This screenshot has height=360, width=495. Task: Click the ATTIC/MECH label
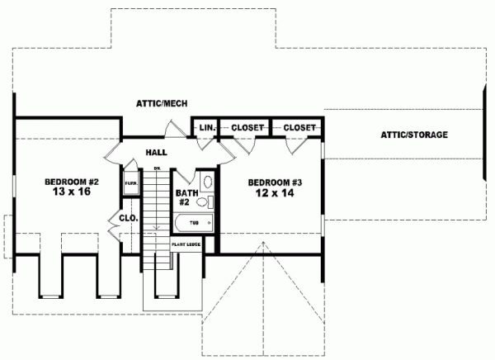point(163,103)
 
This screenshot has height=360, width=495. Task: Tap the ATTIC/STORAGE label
point(414,135)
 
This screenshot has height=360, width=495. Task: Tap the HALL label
point(157,153)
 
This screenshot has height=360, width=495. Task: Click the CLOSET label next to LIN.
point(247,128)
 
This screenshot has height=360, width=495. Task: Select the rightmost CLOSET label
point(299,128)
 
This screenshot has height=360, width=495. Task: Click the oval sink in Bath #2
point(208,182)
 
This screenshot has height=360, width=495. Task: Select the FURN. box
point(130,185)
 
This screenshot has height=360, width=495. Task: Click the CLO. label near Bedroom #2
point(127,219)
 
